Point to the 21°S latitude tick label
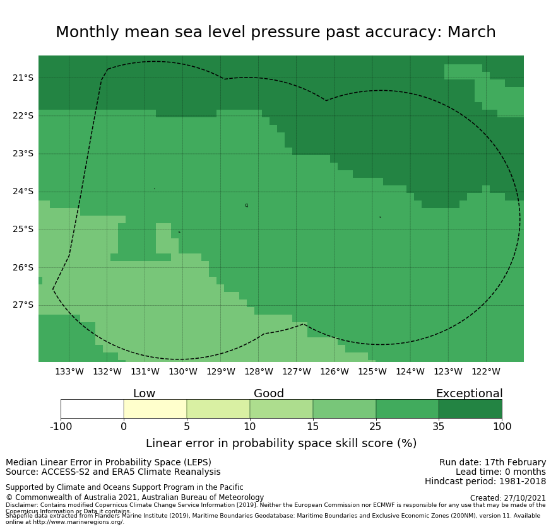click(x=23, y=78)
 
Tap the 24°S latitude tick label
click(x=23, y=192)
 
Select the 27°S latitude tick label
click(x=23, y=305)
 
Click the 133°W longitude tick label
click(x=69, y=372)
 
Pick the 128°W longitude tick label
click(x=258, y=372)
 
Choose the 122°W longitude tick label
click(x=485, y=372)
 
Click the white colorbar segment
click(x=92, y=409)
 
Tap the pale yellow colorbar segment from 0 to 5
click(x=155, y=409)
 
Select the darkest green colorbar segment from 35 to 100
click(x=470, y=409)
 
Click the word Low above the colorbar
click(x=144, y=394)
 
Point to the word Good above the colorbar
click(x=269, y=394)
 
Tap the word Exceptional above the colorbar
click(x=469, y=394)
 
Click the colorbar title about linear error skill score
click(x=281, y=443)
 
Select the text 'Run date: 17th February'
click(x=492, y=463)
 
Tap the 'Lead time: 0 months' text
click(x=501, y=472)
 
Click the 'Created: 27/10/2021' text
click(x=507, y=498)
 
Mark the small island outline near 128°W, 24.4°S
click(x=247, y=206)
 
